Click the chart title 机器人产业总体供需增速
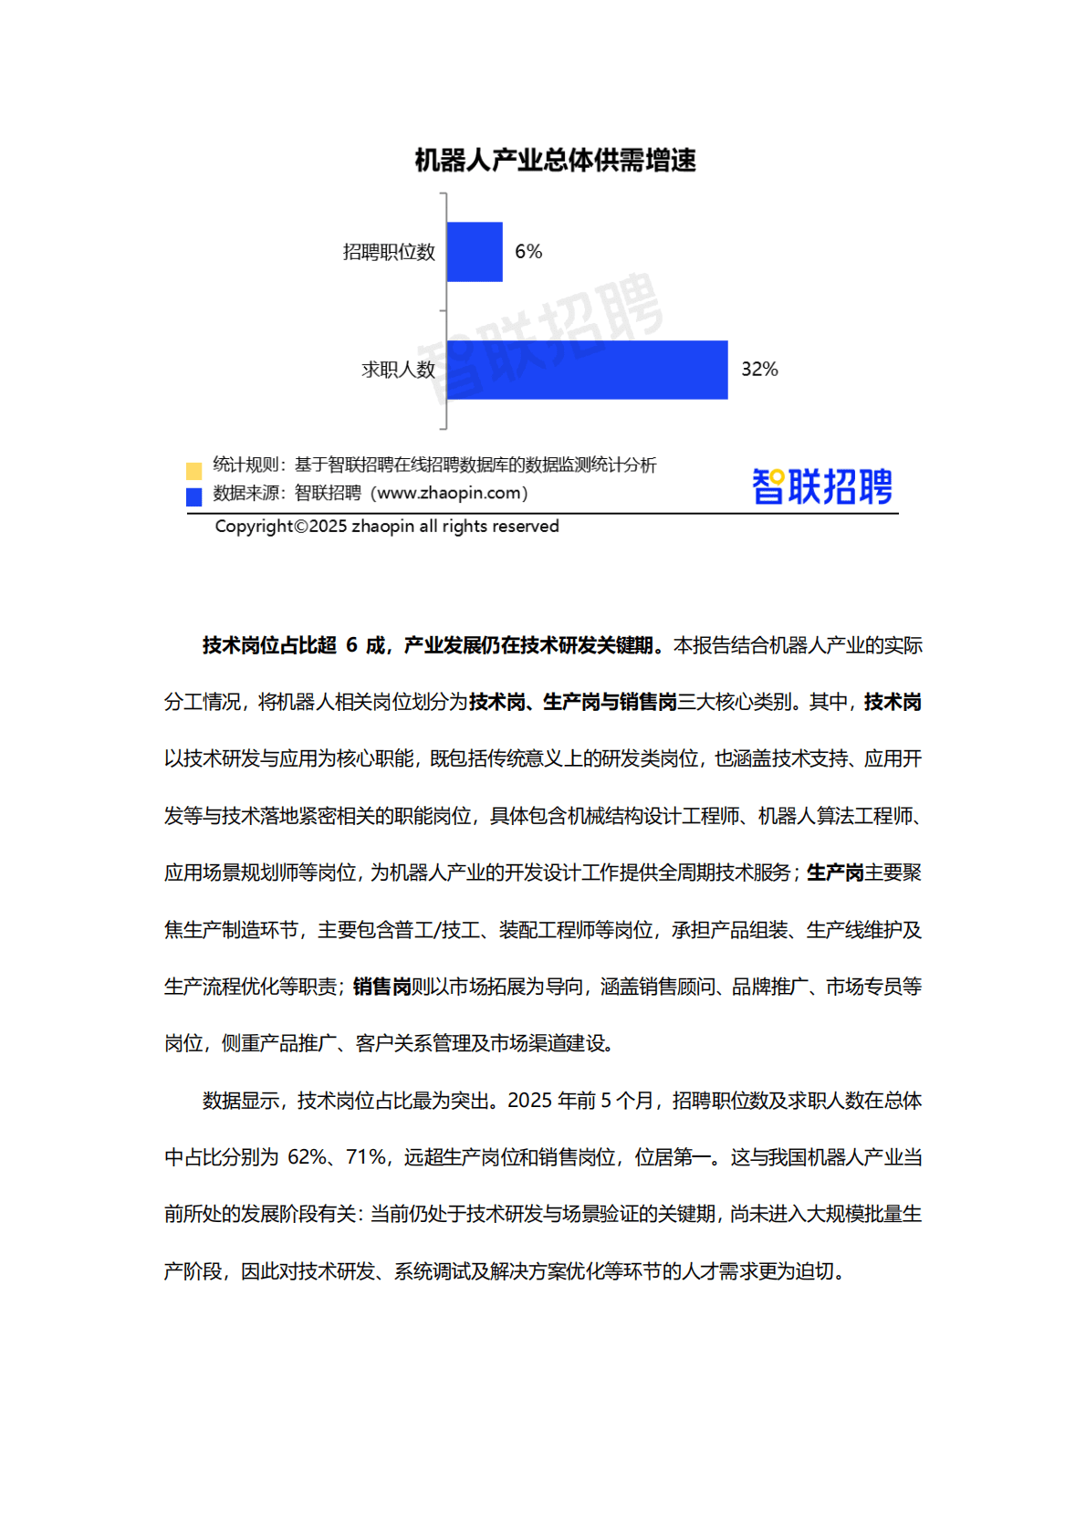555,161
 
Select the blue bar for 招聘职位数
475,252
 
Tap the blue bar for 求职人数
587,370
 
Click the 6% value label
528,252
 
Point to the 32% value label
759,370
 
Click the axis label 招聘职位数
389,253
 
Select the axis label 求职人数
398,370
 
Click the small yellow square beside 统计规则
193,471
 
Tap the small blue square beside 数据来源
193,497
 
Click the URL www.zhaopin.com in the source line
447,493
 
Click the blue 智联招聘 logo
821,486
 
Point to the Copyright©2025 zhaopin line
387,527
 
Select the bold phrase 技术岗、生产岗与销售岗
573,703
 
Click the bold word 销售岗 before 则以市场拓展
381,987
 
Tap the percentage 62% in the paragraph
307,1158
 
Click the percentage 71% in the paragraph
366,1158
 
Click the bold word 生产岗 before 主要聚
835,873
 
